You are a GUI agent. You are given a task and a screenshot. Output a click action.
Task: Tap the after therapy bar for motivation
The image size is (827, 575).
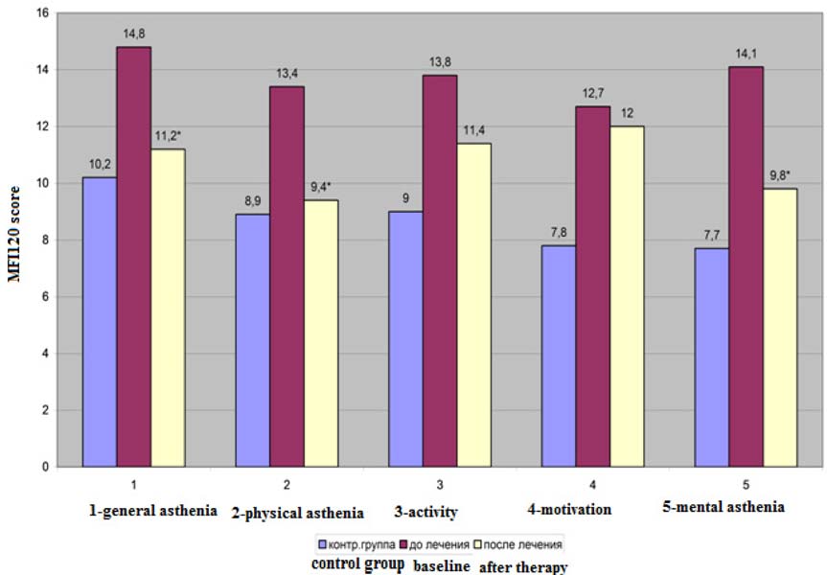(627, 296)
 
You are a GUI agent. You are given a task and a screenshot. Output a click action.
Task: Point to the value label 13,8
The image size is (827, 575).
(440, 61)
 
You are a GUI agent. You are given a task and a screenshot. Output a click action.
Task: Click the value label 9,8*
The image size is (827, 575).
(780, 175)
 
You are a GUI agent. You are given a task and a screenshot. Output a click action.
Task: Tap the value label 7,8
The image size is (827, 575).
(558, 232)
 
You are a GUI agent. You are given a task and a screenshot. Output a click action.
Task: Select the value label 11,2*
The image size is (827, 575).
(169, 135)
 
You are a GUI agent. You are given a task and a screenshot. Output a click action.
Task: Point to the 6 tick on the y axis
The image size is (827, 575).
(44, 297)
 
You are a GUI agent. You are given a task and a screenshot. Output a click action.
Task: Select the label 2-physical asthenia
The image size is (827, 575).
(297, 512)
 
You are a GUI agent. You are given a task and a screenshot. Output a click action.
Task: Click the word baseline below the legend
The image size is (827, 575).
(442, 566)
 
